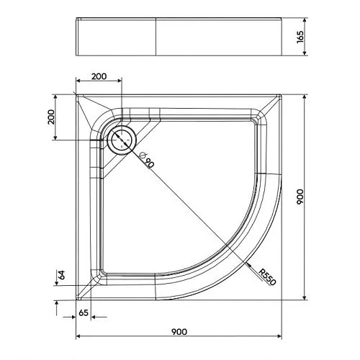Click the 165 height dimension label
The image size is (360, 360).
(x=300, y=37)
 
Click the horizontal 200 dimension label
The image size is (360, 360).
(x=99, y=76)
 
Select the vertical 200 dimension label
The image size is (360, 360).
(x=51, y=117)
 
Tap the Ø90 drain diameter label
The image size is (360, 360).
(x=146, y=160)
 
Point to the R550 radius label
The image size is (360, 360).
(x=268, y=277)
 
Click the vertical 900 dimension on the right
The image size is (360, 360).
(x=300, y=197)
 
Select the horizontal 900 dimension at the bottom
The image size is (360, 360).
(x=179, y=332)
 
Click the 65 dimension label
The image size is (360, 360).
(x=84, y=312)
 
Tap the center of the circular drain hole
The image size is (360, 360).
(x=122, y=140)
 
